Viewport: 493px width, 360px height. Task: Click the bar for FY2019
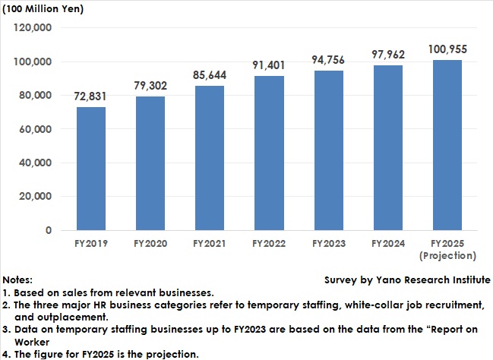(92, 169)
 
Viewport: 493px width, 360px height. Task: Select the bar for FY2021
(210, 158)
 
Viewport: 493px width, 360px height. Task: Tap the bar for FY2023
(328, 150)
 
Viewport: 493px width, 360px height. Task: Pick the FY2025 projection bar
(447, 145)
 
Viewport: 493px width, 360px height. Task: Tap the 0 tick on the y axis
(48, 229)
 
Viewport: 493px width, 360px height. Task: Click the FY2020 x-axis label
(151, 244)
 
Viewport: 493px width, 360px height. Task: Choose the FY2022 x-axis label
(269, 244)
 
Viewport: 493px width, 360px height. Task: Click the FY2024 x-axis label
(387, 244)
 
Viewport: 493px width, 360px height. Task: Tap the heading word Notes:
(18, 279)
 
